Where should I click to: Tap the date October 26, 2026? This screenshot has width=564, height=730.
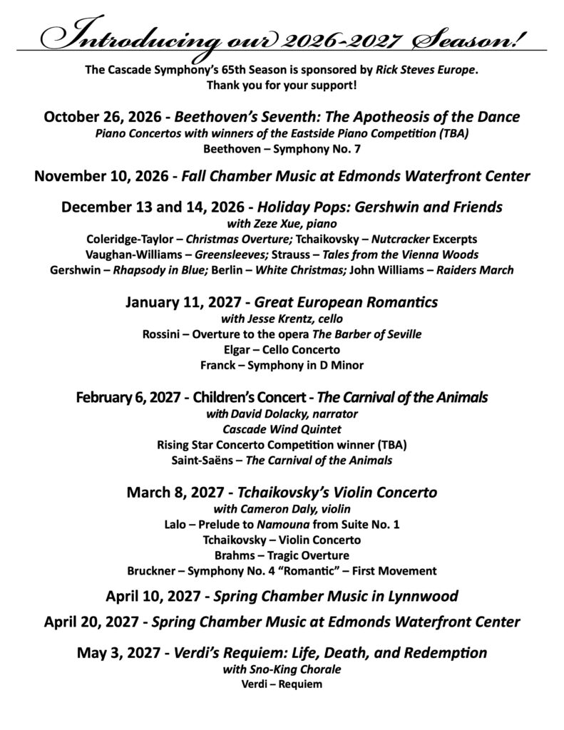coord(103,117)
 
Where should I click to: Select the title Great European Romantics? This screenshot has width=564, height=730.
coord(347,302)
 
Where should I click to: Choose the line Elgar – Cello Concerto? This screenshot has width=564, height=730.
coord(282,350)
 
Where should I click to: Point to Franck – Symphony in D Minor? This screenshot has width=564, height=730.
coord(282,366)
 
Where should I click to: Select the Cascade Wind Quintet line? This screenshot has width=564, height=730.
coord(282,429)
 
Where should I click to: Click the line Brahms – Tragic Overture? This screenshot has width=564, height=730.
coord(282,555)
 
